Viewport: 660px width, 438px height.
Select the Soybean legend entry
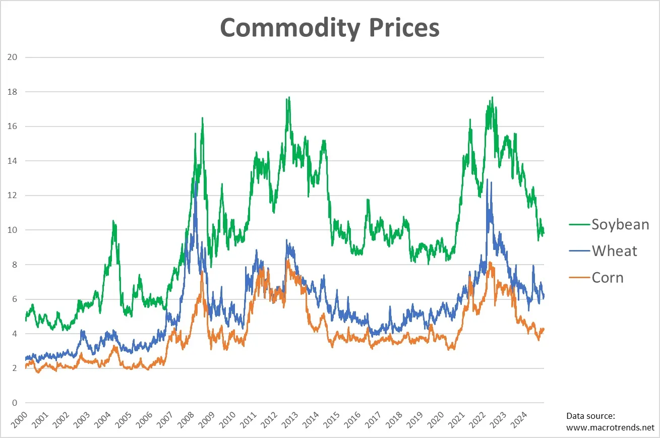coord(620,224)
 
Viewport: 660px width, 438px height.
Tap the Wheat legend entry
coord(615,251)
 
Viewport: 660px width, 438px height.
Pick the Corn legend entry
coord(608,277)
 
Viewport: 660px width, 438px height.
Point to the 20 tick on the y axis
coord(13,57)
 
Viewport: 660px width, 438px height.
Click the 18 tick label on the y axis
coord(13,92)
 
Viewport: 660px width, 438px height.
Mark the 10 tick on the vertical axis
coord(13,230)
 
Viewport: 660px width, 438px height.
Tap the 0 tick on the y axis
coord(15,403)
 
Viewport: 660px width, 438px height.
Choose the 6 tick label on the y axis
coord(15,299)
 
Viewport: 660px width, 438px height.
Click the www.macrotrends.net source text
coord(610,427)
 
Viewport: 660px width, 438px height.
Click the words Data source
coord(590,416)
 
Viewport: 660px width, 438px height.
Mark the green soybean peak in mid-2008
coord(202,118)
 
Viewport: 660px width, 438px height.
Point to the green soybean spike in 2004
coord(113,221)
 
